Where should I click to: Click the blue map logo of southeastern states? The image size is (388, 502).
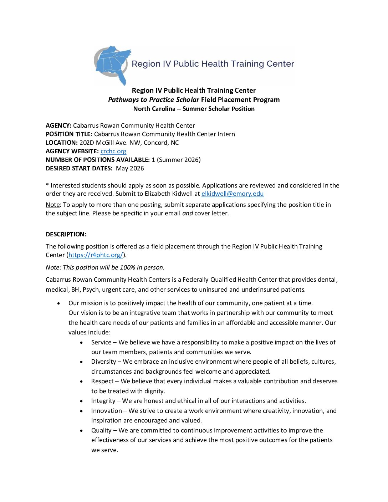[x=113, y=64]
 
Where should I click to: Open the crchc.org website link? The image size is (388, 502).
[x=113, y=151]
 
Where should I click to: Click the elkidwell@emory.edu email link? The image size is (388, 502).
[x=232, y=194]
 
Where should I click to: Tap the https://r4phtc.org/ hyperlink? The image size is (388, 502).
[x=96, y=255]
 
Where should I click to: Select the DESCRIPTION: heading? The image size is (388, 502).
[x=66, y=234]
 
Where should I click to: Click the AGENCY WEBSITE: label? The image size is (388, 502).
[x=72, y=151]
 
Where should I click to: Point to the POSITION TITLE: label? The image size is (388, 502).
[x=69, y=134]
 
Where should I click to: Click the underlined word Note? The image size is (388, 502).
[x=52, y=205]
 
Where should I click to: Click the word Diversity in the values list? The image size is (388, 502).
[x=103, y=362]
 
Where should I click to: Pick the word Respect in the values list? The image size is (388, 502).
[x=102, y=381]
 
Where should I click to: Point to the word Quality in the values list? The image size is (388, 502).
[x=101, y=430]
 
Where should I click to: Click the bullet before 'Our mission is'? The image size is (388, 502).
[x=58, y=303]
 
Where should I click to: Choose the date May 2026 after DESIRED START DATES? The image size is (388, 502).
[x=130, y=168]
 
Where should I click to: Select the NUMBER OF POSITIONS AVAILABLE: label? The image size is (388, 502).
[x=97, y=160]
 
